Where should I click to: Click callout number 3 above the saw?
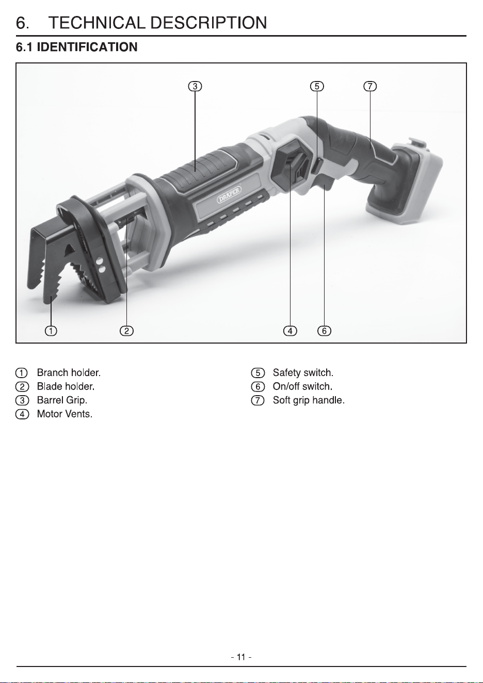coord(195,86)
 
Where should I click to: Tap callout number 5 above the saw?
coord(317,86)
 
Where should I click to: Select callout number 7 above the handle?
coord(370,86)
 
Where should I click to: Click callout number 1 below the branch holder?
coord(51,331)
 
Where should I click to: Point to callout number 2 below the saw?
coord(126,331)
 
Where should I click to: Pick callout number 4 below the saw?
coord(290,331)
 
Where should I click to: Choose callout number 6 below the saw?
coord(324,331)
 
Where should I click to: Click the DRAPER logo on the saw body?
coord(229,194)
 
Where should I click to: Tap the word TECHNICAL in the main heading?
coord(97,23)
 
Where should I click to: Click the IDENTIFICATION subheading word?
coord(87,47)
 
